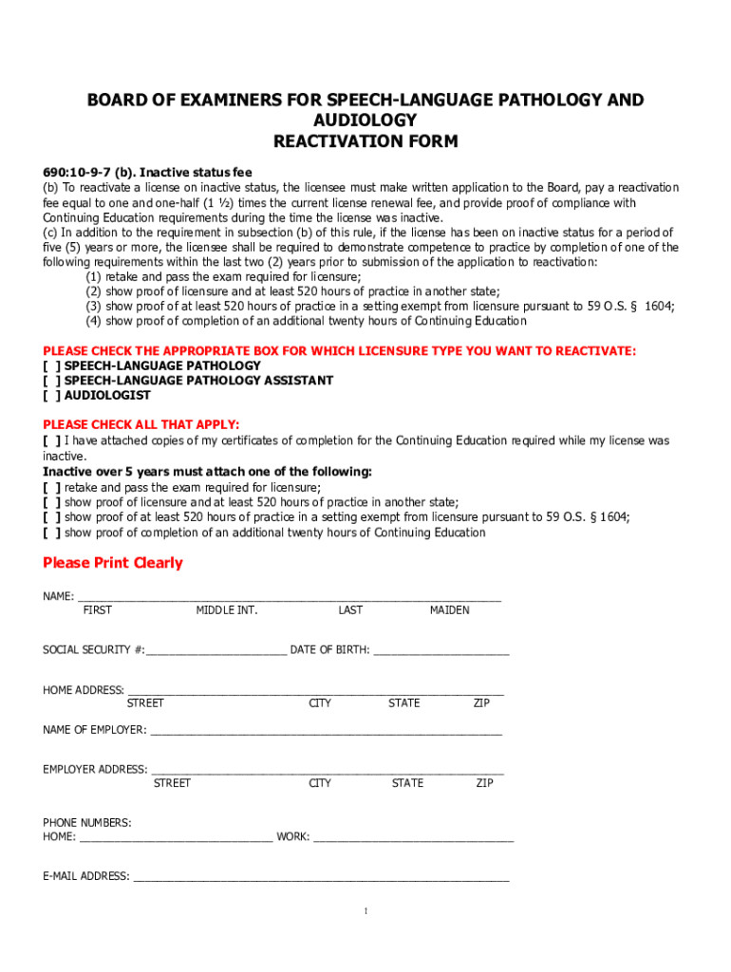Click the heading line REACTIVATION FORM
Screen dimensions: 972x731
365,142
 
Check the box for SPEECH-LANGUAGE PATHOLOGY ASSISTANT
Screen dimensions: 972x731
51,381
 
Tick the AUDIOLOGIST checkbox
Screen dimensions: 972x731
51,395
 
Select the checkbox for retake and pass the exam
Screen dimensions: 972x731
51,487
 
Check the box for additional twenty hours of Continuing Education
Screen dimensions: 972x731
51,533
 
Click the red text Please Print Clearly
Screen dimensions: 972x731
113,563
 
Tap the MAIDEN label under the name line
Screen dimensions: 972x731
449,610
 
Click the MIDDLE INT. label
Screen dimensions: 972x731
227,610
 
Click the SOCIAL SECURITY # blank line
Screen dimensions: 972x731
216,651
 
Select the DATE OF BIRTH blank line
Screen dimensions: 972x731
442,651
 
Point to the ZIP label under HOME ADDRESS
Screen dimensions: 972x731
482,703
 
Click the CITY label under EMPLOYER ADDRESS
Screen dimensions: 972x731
320,783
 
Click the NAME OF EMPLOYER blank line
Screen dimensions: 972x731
326,731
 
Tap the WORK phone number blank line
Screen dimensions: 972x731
413,837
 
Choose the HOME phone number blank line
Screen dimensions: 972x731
177,837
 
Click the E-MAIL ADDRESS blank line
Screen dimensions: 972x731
321,877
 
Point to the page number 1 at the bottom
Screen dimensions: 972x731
365,912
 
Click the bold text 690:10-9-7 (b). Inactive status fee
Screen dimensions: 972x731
147,173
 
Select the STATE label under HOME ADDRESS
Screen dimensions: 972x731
404,703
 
